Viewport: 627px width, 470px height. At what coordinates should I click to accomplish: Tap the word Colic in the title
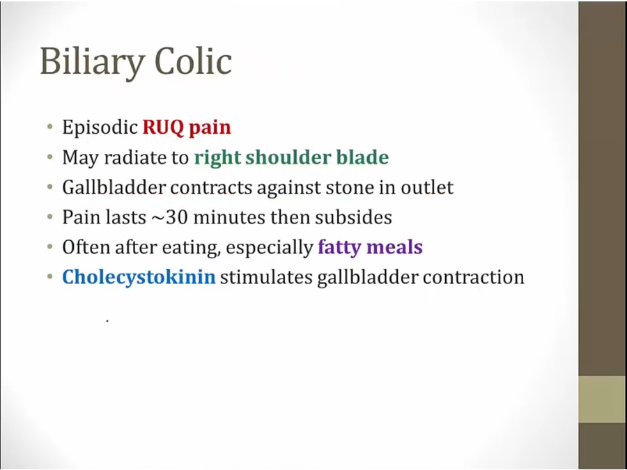193,61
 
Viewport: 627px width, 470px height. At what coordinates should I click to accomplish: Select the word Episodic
100,127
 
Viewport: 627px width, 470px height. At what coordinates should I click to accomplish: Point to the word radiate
134,157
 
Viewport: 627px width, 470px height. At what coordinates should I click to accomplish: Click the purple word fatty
340,247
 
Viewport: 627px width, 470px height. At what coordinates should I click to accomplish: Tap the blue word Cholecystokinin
139,277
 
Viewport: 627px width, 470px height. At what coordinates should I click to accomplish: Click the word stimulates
266,277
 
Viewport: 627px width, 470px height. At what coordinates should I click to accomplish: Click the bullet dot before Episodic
49,127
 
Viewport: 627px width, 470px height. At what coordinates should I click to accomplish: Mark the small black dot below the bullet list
107,320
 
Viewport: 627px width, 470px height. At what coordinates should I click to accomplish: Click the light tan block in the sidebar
602,399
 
